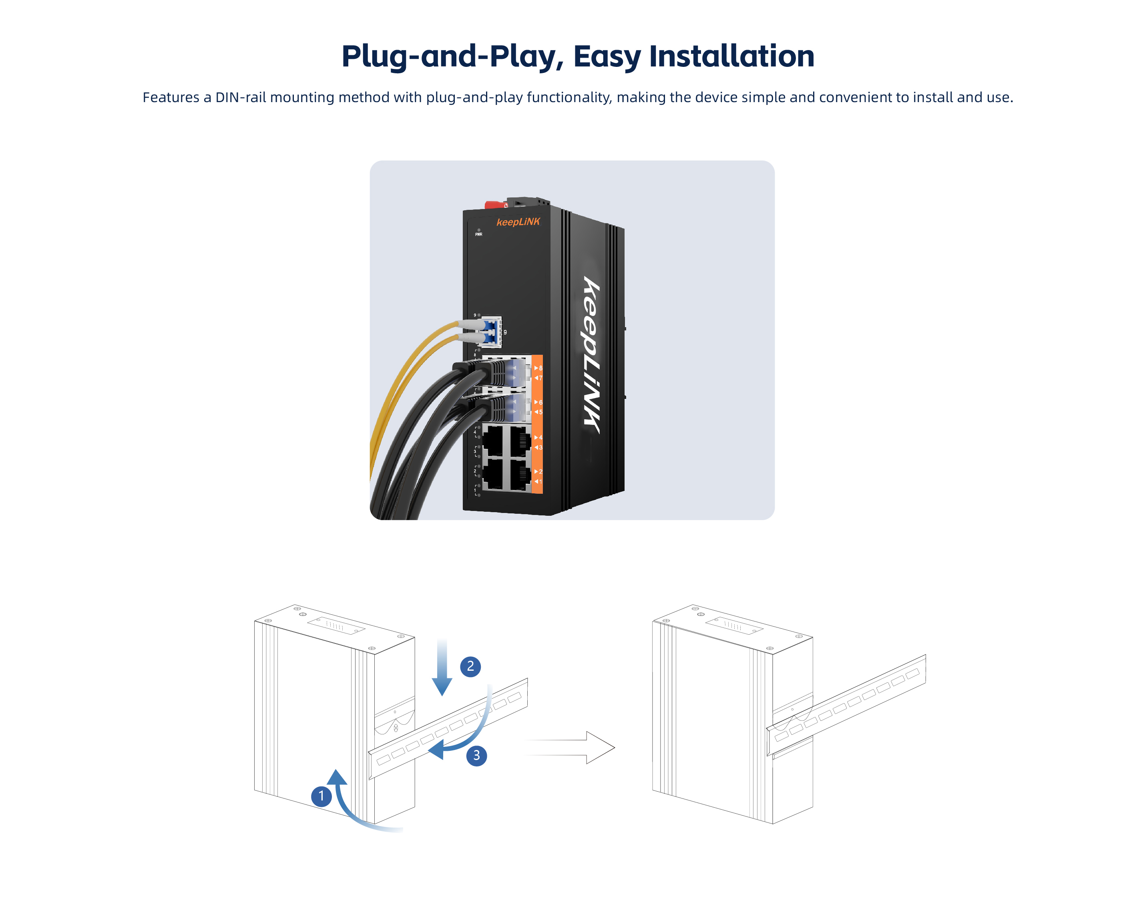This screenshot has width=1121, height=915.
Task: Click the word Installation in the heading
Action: coord(731,56)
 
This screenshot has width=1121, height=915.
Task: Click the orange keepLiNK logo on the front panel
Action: coord(518,222)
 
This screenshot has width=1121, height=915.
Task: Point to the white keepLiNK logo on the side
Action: coord(591,355)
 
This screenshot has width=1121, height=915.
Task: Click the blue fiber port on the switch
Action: coord(491,332)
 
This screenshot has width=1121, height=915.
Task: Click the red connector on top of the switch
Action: coord(495,205)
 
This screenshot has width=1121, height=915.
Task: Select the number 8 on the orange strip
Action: coord(540,368)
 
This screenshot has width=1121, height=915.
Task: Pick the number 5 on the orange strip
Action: coord(540,412)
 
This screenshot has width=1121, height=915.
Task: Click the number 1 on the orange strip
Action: coord(540,482)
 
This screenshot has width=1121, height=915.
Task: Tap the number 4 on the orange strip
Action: coord(540,437)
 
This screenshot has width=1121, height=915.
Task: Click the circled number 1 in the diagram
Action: coord(321,796)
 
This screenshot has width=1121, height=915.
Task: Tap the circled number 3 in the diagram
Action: coord(476,755)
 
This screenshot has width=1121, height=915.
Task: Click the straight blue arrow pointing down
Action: coord(442,667)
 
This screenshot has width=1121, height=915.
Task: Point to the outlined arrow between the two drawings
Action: coord(569,747)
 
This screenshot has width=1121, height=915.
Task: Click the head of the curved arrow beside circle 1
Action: coord(337,777)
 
